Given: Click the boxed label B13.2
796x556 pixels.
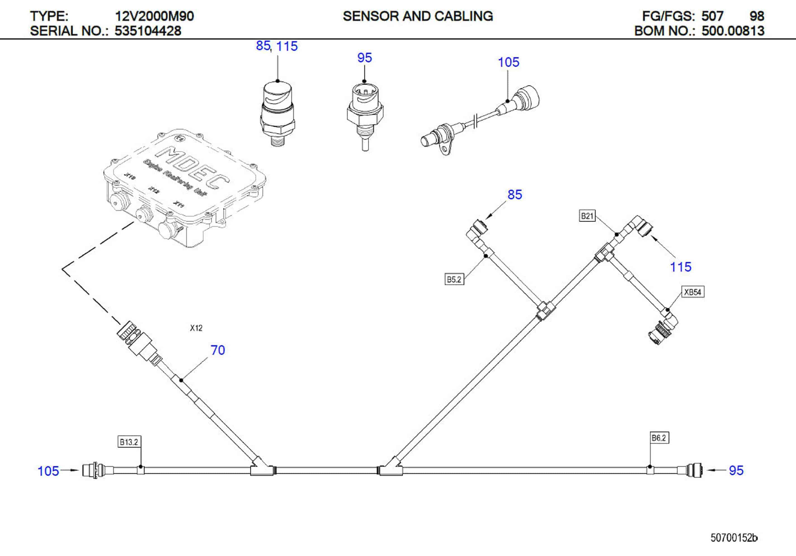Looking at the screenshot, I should pyautogui.click(x=129, y=442).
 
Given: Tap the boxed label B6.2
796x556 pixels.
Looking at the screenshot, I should pyautogui.click(x=659, y=438).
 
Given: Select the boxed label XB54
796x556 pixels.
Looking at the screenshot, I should pyautogui.click(x=692, y=292).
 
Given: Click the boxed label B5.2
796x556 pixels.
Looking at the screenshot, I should pyautogui.click(x=454, y=279).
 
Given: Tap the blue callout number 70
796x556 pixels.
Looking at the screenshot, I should pyautogui.click(x=218, y=350).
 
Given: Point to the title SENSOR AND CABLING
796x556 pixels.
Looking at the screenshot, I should pyautogui.click(x=418, y=16).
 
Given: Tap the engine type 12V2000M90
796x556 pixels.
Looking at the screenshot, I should pyautogui.click(x=154, y=16).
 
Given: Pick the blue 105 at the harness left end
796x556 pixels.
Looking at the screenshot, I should pyautogui.click(x=48, y=471).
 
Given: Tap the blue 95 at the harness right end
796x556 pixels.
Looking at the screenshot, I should pyautogui.click(x=736, y=471).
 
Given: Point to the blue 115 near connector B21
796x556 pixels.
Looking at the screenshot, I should pyautogui.click(x=680, y=267).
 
